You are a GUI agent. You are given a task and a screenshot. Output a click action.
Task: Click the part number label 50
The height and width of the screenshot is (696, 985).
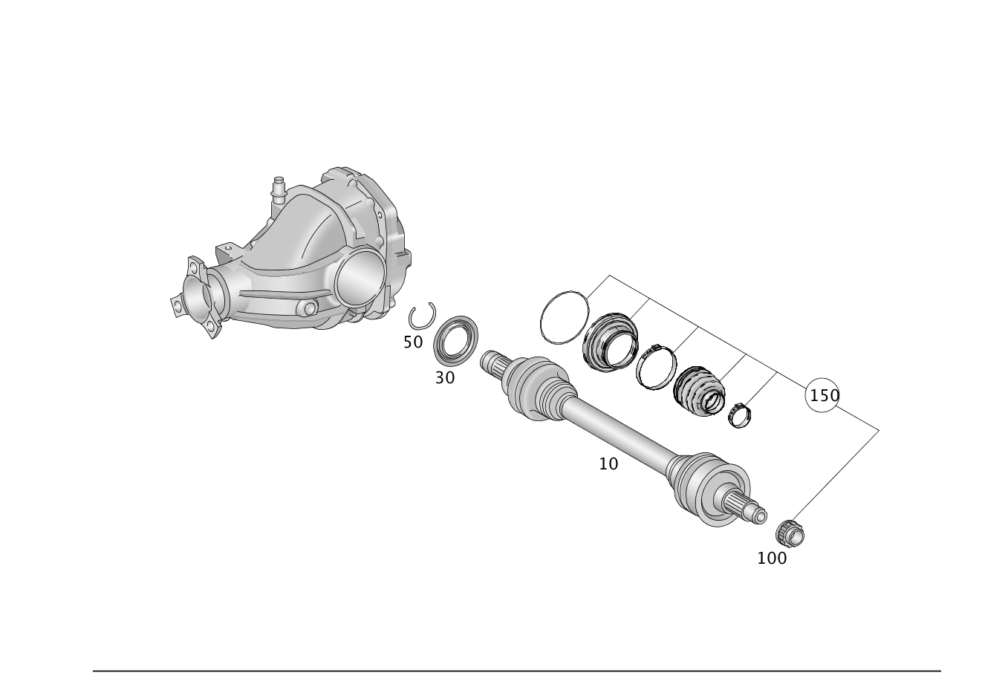413,342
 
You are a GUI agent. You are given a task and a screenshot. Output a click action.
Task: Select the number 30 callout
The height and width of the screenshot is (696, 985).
444,377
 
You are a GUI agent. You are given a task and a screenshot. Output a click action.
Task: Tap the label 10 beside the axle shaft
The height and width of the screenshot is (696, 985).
608,464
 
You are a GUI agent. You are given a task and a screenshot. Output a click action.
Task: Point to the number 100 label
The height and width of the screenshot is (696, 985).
772,559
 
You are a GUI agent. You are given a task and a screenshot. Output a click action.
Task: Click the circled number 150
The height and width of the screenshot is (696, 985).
822,395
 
